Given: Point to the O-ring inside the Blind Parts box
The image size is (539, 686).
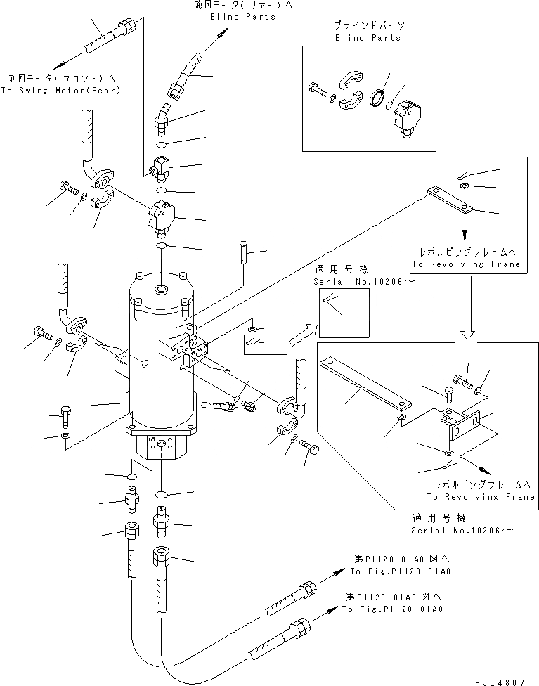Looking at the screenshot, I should point(378,98).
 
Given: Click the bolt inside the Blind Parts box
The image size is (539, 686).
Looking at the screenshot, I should point(319,90).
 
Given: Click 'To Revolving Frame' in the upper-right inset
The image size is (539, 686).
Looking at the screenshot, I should point(466,264).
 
